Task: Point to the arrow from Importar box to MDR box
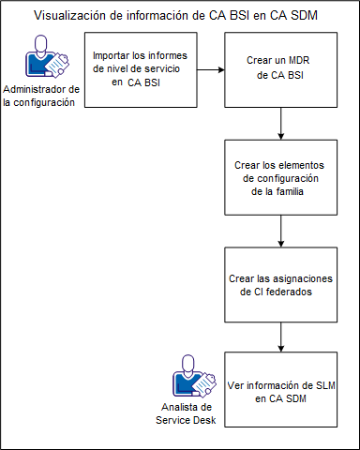point(211,70)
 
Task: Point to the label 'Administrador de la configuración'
point(41,96)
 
